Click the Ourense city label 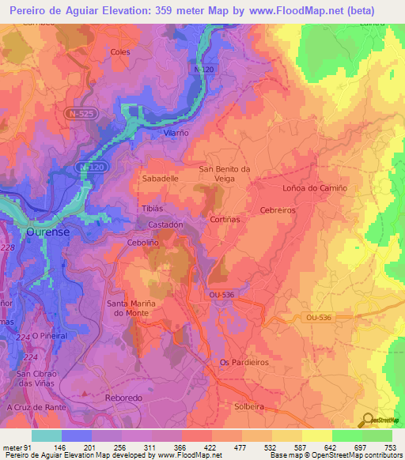tap(50, 232)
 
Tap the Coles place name tap(120, 52)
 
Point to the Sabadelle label tap(160, 179)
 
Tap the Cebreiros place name tap(278, 210)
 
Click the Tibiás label tap(152, 209)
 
